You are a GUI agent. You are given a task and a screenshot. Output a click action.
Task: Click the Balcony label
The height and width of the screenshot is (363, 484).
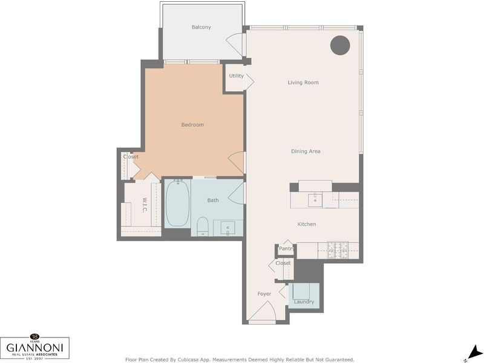pyautogui.click(x=201, y=27)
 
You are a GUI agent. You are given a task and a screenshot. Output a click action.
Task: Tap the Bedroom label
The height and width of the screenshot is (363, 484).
pyautogui.click(x=192, y=125)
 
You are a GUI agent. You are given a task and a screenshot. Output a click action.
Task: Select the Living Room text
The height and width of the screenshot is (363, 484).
pyautogui.click(x=303, y=82)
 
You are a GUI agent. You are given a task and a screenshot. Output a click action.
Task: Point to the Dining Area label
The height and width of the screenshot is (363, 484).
pyautogui.click(x=306, y=151)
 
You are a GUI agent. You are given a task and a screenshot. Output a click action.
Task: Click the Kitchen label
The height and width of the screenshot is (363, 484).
pyautogui.click(x=307, y=224)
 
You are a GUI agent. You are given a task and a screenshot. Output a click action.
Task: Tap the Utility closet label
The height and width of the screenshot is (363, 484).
pyautogui.click(x=236, y=76)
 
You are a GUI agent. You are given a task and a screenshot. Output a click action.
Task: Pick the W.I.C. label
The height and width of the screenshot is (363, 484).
pyautogui.click(x=144, y=205)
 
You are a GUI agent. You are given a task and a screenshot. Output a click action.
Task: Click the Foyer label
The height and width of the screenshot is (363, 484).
pyautogui.click(x=264, y=294)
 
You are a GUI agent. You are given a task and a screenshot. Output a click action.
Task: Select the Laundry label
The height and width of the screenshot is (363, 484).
pyautogui.click(x=304, y=301)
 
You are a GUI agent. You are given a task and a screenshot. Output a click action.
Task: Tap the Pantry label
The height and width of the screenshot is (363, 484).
pyautogui.click(x=286, y=248)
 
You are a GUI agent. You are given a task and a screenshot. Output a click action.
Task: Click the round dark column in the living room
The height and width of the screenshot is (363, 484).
pyautogui.click(x=340, y=45)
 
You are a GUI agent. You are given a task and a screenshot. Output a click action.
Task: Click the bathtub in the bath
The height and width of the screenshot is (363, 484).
pyautogui.click(x=177, y=204)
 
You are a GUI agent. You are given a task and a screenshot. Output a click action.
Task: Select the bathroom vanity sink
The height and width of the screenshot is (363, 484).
pyautogui.click(x=228, y=228)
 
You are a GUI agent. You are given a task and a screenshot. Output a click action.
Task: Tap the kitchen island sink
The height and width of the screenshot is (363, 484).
pyautogui.click(x=315, y=200)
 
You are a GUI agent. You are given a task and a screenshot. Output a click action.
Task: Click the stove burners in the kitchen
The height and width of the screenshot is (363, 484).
pyautogui.click(x=338, y=250)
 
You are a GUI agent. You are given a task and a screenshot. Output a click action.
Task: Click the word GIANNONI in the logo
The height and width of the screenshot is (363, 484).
pyautogui.click(x=34, y=347)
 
